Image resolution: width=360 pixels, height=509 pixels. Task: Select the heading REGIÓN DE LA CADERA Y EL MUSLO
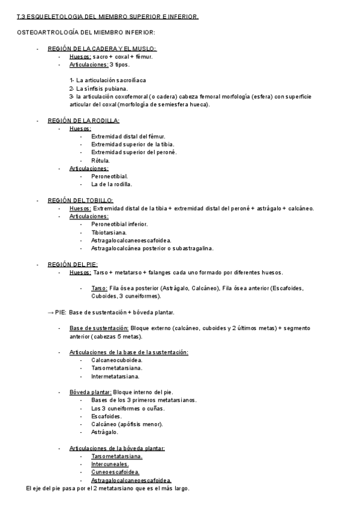click(x=102, y=49)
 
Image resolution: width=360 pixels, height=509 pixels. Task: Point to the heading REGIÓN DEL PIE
click(x=73, y=264)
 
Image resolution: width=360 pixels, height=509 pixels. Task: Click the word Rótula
click(x=100, y=160)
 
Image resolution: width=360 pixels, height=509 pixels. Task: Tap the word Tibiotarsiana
click(x=109, y=232)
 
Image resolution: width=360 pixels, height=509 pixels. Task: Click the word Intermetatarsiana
click(x=115, y=376)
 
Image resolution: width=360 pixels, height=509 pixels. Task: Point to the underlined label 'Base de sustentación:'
click(x=99, y=328)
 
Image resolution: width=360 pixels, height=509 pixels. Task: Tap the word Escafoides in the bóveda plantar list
click(x=106, y=416)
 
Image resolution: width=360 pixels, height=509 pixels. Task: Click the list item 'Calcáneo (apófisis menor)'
click(x=127, y=424)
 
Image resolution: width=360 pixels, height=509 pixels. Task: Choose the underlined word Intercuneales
click(x=110, y=464)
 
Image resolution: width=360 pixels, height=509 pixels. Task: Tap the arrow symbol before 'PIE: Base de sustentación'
click(x=50, y=312)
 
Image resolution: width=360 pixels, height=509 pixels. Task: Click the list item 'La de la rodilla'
click(x=111, y=184)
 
